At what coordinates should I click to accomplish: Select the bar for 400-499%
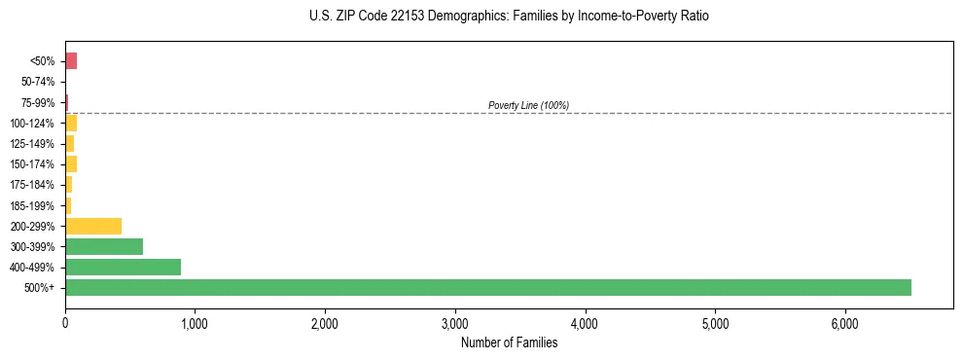pos(123,267)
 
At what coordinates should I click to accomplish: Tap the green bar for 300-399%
pos(104,246)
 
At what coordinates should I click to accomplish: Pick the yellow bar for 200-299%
pos(93,226)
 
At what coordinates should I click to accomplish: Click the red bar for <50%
pos(71,61)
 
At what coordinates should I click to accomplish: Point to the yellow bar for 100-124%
pos(71,123)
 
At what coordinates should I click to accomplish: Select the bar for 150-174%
pos(71,163)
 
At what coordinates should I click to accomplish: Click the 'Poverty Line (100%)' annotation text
pos(528,105)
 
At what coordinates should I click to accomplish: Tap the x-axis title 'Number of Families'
pos(509,342)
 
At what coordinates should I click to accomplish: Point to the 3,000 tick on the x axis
pos(455,323)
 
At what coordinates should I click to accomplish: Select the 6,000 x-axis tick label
pos(844,323)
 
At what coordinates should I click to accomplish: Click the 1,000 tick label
pos(195,323)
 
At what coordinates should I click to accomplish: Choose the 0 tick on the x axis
pos(65,323)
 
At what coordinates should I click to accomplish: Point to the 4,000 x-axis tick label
pos(585,323)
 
